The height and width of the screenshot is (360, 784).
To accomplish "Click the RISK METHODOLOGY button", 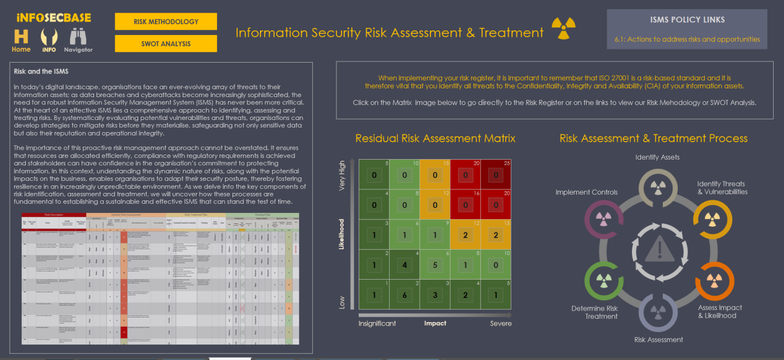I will [x=166, y=22].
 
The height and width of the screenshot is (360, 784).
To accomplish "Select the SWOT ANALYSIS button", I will [x=166, y=44].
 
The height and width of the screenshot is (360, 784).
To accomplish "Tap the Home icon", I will [x=21, y=38].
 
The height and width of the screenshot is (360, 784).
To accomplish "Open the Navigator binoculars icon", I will [x=78, y=38].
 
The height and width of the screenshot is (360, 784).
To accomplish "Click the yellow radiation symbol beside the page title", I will [x=564, y=28].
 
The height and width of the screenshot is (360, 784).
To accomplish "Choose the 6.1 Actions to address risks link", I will [x=687, y=40].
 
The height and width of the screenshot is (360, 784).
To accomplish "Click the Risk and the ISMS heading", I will [x=41, y=72].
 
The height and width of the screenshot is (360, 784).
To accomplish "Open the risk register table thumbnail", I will [x=161, y=279].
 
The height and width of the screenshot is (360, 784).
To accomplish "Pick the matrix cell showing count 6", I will [x=404, y=295].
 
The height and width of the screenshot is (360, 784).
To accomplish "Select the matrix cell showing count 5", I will [x=435, y=265].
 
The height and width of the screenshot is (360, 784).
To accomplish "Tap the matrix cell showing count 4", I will [x=404, y=265].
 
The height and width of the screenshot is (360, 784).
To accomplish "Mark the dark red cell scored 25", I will [x=496, y=175].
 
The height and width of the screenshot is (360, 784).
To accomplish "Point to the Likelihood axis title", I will [x=342, y=234].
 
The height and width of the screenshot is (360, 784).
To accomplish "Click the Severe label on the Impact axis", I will [x=500, y=323].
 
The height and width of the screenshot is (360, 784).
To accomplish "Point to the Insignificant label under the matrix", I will [x=377, y=323].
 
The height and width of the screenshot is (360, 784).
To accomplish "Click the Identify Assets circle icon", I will [x=657, y=186].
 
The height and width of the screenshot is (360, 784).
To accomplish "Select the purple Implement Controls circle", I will [x=603, y=219].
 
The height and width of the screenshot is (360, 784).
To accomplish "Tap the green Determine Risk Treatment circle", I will [x=603, y=280].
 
